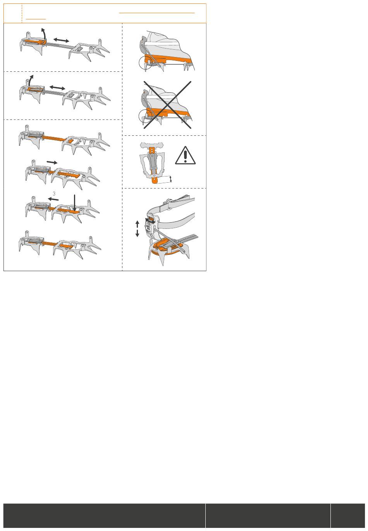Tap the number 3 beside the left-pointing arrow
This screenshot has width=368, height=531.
click(x=54, y=194)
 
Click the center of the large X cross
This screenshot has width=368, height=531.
click(x=167, y=105)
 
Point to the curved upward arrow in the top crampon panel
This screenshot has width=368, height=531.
click(x=44, y=35)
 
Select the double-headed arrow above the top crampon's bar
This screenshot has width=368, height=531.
click(x=61, y=40)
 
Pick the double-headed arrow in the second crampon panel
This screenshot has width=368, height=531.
click(x=57, y=88)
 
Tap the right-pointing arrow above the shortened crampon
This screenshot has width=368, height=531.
click(x=52, y=163)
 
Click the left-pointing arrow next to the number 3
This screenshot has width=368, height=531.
click(x=53, y=199)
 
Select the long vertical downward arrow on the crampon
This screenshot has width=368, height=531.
click(x=74, y=203)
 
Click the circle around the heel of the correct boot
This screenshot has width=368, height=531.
click(x=145, y=62)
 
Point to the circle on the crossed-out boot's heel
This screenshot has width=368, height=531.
click(x=145, y=116)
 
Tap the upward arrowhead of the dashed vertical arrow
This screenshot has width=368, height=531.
click(x=138, y=223)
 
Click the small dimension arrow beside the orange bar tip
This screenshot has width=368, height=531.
click(x=170, y=180)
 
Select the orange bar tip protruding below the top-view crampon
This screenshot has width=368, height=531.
click(x=155, y=181)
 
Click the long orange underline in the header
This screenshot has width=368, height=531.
click(x=157, y=13)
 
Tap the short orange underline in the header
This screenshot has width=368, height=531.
click(x=36, y=19)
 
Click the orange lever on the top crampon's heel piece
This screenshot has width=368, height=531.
click(x=36, y=42)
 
